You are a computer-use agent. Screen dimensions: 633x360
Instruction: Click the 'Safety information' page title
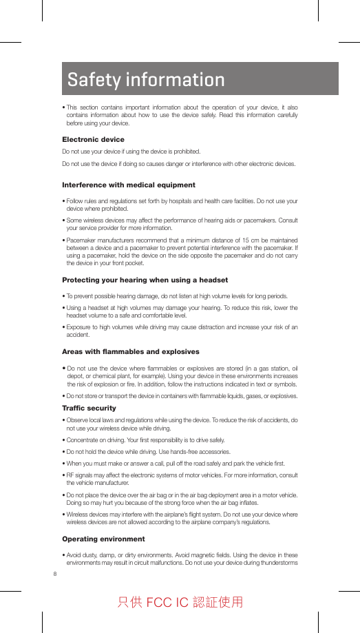coord(146,80)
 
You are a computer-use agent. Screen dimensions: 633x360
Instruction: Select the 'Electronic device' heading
coord(93,140)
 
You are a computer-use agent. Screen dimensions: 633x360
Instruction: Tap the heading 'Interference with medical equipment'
coord(128,185)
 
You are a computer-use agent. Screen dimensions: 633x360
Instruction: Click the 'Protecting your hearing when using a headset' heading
coord(145,280)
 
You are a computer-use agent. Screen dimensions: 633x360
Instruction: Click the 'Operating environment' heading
coord(103,539)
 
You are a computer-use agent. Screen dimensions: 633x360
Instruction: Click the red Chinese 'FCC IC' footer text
coord(180,603)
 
